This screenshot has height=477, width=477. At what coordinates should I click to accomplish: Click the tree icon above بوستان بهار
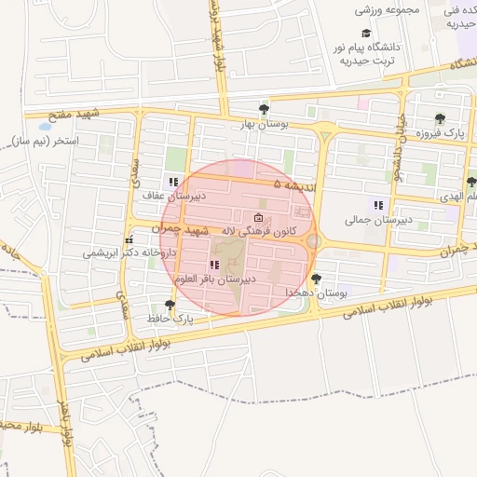(264, 109)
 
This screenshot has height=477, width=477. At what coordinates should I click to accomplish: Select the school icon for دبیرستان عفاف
(172, 182)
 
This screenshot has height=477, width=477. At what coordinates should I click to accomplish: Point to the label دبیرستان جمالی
(377, 220)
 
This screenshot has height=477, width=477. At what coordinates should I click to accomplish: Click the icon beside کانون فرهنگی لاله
(258, 217)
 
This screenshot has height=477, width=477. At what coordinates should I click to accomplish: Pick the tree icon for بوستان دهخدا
(316, 279)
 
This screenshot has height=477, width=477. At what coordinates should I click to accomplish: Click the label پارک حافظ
(170, 319)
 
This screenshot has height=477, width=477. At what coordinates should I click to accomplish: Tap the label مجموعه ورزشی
(389, 10)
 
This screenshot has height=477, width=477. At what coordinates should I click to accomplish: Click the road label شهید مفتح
(101, 116)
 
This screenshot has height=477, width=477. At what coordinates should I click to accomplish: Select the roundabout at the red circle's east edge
(314, 241)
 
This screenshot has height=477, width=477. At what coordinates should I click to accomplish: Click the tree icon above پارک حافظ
(170, 305)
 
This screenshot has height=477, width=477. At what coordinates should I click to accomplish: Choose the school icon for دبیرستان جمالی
(378, 205)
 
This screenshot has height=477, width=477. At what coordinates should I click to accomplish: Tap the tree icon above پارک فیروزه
(440, 119)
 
